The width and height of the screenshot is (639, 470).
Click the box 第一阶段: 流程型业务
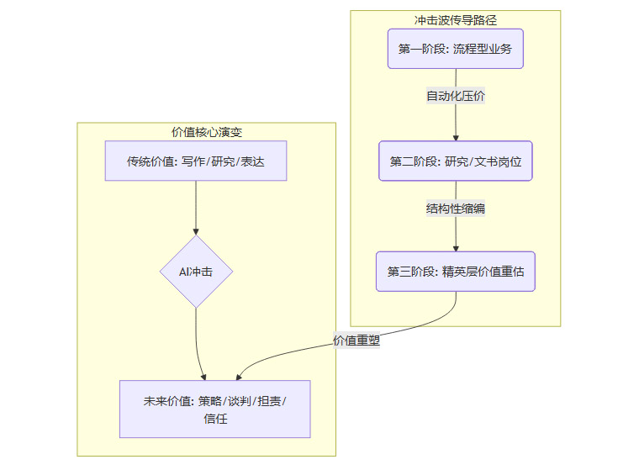(x=455, y=49)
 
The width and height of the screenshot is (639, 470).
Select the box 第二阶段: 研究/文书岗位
(x=455, y=161)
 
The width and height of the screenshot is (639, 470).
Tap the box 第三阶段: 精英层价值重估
(x=455, y=272)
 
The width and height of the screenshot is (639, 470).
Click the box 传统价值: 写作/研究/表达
(x=196, y=161)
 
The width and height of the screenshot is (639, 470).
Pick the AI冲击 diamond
(x=196, y=272)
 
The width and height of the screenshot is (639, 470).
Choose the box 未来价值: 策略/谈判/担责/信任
(x=215, y=409)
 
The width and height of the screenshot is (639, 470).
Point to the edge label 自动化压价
(x=455, y=96)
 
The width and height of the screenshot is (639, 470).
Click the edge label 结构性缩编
(x=455, y=209)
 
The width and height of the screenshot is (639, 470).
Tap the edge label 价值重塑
(x=356, y=341)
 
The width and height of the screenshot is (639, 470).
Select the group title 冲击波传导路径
(x=455, y=19)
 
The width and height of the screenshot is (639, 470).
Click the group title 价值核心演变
(x=207, y=132)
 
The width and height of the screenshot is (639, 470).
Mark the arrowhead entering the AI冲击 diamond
(x=196, y=231)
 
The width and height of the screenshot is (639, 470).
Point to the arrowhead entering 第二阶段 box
(x=455, y=136)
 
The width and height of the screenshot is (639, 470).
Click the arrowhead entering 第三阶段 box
(x=455, y=247)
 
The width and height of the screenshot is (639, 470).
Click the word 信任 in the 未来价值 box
(x=215, y=418)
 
